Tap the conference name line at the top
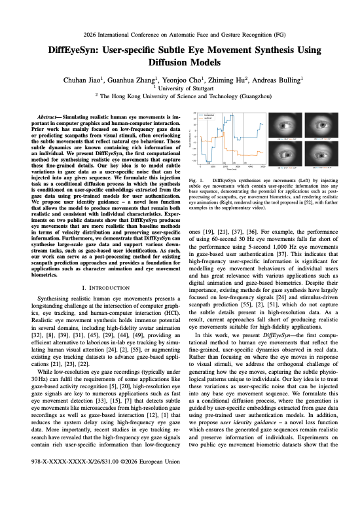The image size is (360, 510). [x=180, y=33]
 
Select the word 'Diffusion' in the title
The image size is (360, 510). [x=161, y=64]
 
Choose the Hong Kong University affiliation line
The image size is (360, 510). [x=180, y=95]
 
